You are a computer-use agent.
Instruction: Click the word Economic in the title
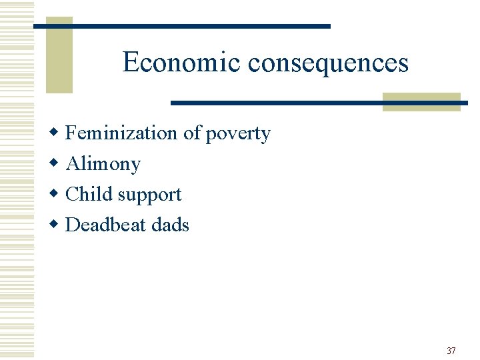181,63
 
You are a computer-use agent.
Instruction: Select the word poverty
238,134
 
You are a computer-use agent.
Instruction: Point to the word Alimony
103,164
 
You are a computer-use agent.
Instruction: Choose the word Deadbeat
107,225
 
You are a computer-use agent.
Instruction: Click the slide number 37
451,351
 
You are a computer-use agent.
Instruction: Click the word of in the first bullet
191,133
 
